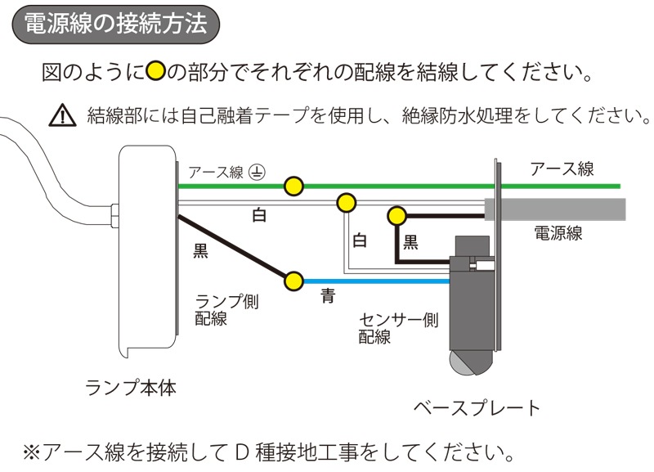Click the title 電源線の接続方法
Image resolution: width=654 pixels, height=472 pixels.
115,23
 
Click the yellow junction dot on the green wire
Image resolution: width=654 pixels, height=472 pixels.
293,187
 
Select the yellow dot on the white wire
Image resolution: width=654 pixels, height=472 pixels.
347,202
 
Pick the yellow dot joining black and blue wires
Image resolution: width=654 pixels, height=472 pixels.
293,281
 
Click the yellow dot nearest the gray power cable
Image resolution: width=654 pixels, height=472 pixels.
396,216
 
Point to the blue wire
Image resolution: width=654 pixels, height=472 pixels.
376,281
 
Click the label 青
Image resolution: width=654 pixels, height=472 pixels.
327,297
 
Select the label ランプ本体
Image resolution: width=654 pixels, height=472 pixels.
130,386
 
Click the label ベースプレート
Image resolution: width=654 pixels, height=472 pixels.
477,407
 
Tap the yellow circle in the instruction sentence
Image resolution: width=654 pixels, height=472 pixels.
155,71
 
